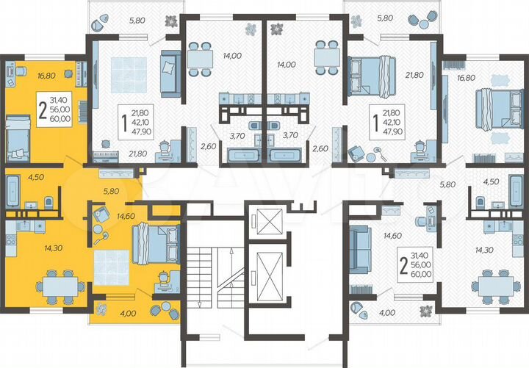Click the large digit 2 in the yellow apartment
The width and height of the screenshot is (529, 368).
[43, 109]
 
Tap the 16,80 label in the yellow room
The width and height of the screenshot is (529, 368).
[27, 74]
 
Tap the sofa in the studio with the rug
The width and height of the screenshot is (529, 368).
[170, 73]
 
